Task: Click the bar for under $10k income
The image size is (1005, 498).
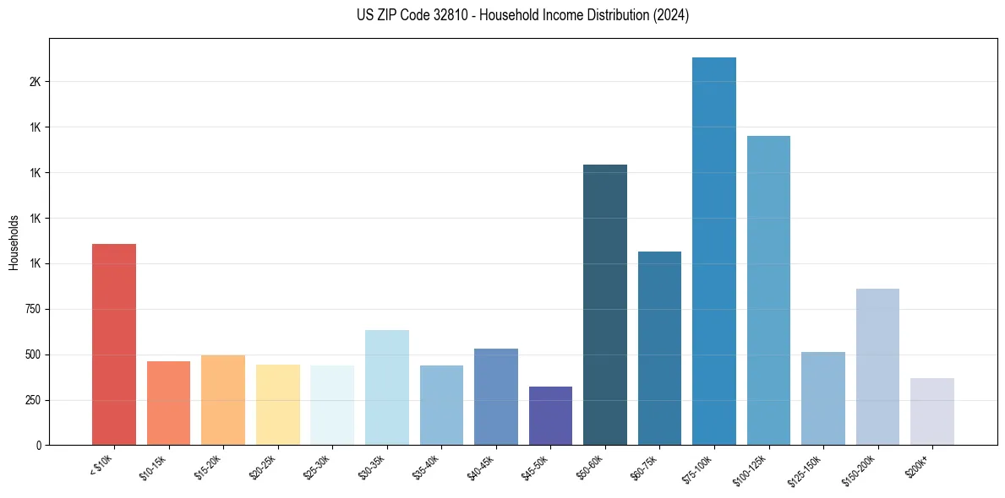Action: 114,344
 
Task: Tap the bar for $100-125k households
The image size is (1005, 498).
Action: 768,290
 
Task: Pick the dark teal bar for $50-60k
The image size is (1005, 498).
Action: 605,305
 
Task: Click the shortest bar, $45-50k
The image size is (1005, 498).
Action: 550,415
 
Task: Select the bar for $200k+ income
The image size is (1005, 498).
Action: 932,411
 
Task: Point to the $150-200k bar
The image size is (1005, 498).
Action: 877,366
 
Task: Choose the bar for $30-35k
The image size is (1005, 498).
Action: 387,387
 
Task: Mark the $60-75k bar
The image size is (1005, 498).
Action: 659,348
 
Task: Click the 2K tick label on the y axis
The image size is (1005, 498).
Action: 35,82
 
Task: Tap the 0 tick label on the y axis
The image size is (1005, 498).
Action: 38,445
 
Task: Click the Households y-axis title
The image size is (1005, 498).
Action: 14,241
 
